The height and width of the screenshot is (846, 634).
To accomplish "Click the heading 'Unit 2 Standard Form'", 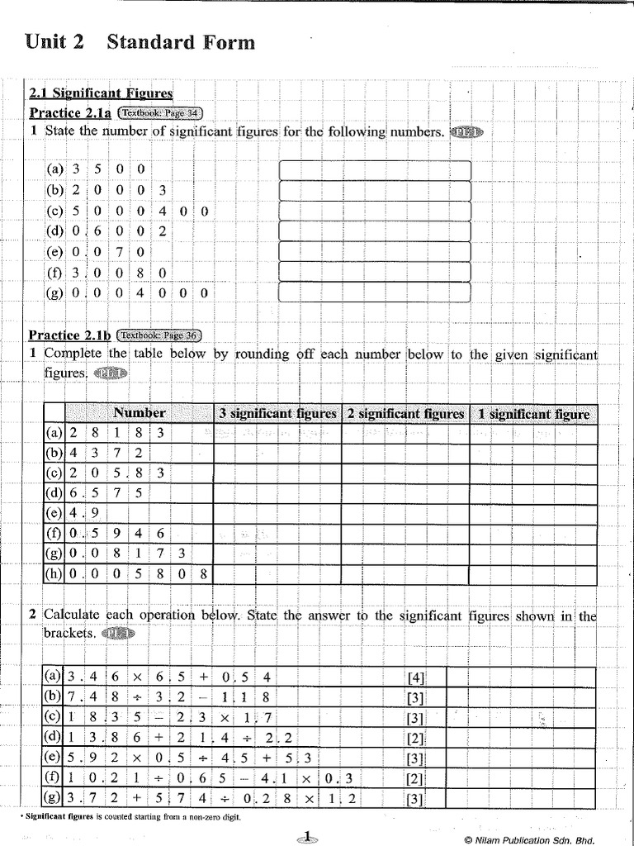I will (140, 42).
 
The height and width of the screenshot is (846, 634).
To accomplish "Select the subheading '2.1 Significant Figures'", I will (101, 94).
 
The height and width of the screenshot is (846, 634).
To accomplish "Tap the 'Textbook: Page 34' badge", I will (160, 113).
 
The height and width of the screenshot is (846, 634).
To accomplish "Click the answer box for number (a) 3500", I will (375, 169).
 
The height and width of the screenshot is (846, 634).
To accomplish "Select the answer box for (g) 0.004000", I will (375, 292).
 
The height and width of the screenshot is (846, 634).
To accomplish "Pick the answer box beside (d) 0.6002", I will (375, 231).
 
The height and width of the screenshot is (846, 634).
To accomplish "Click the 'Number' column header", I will (139, 413).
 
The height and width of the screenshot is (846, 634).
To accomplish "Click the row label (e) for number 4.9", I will (54, 513).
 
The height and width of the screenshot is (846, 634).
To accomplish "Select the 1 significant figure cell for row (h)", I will (532, 573).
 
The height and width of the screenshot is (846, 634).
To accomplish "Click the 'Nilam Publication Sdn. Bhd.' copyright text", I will (529, 839).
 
